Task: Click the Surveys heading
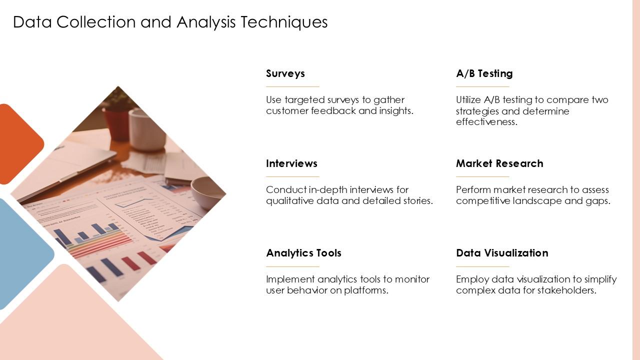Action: coord(285,73)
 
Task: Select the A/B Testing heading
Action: coord(484,73)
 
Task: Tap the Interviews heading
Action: coord(291,163)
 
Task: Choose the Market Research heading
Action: coord(499,163)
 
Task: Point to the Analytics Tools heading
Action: coord(303,253)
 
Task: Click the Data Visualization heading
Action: coord(501,253)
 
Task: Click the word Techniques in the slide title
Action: coord(283,22)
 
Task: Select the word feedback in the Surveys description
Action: coord(333,110)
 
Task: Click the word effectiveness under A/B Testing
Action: coord(486,121)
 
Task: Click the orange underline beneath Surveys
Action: coord(292,86)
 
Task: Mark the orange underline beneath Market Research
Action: coord(482,176)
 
